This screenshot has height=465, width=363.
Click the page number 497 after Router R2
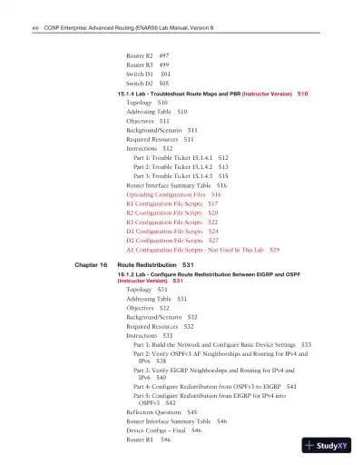pyautogui.click(x=163, y=55)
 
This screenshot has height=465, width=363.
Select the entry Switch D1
pyautogui.click(x=141, y=74)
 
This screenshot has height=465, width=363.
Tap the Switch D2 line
pyautogui.click(x=141, y=84)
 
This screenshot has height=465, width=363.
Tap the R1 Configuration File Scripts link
pyautogui.click(x=167, y=203)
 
